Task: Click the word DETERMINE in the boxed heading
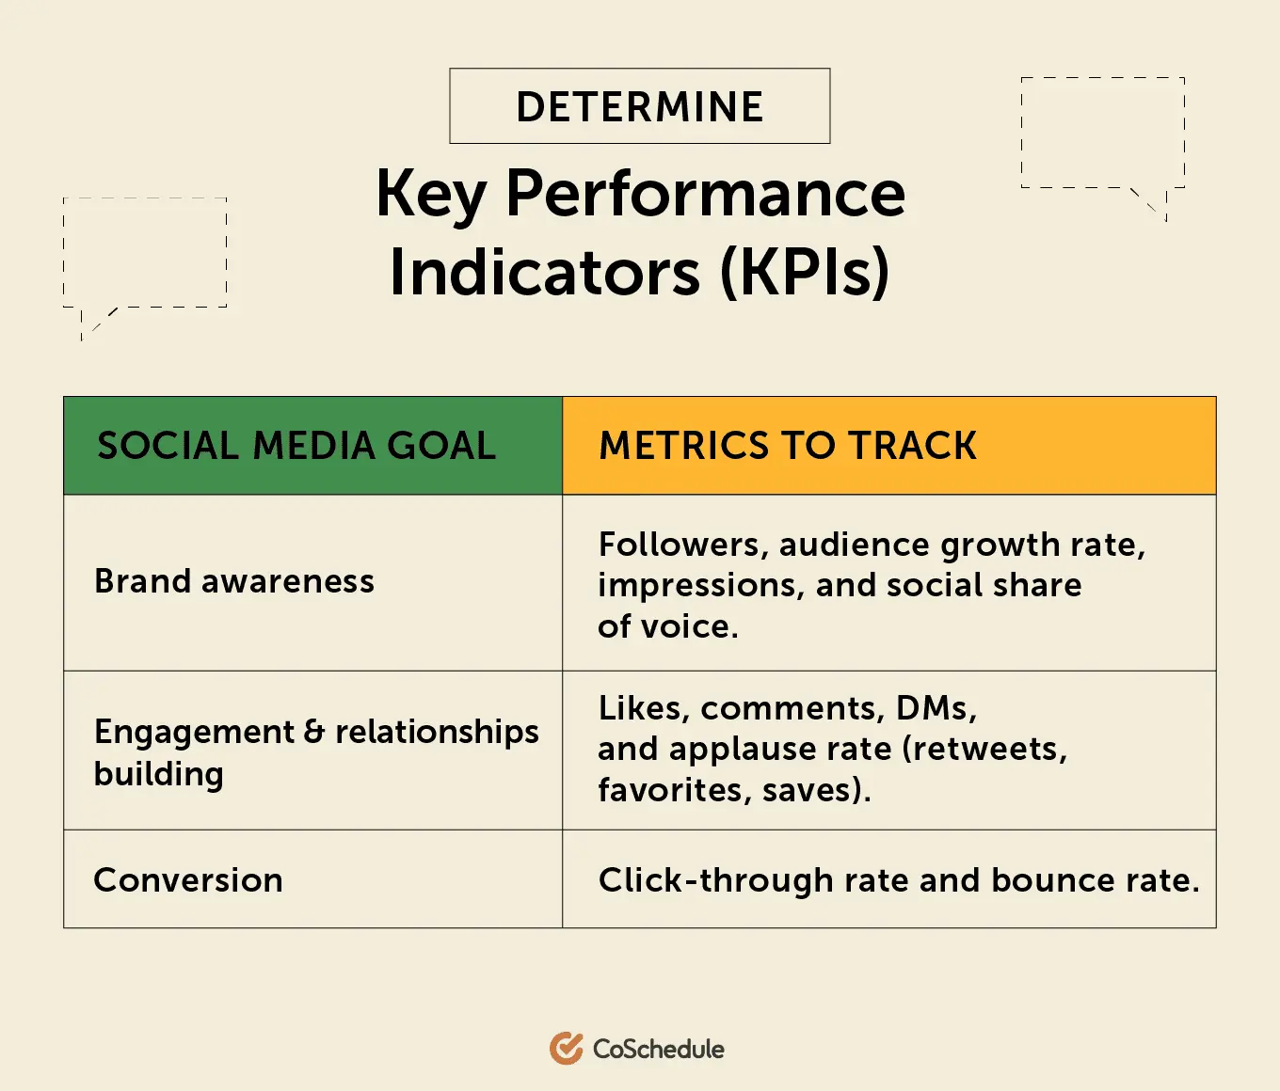coord(640,106)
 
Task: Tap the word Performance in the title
coord(706,195)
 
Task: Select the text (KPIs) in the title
coord(806,273)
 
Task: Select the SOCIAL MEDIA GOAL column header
coord(296,446)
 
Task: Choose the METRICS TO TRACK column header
coord(788,446)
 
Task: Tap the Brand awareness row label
coord(234,581)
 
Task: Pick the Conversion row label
coord(188,880)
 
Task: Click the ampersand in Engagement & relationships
coord(314,732)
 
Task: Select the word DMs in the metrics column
coord(936,708)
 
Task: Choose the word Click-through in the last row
coord(716,881)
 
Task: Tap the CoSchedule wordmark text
coord(658,1049)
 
